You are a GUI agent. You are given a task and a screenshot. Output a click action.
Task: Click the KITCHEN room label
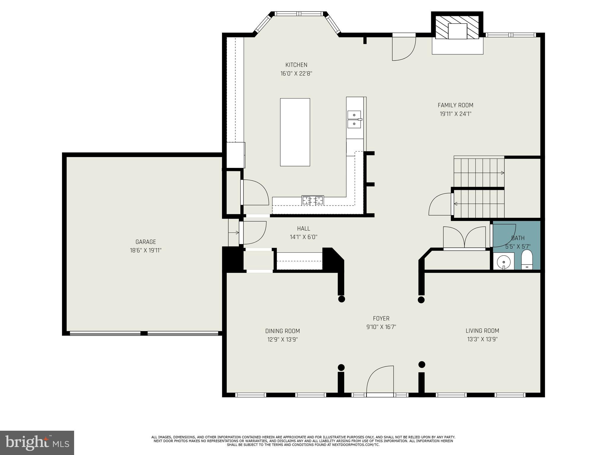pos(296,65)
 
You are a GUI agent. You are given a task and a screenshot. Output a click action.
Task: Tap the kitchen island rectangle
pos(295,132)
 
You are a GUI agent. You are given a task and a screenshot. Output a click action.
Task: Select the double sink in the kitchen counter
pos(354,119)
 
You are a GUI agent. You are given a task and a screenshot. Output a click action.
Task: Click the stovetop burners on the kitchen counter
pos(313,200)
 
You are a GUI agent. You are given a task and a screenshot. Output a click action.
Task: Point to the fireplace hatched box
pos(457,27)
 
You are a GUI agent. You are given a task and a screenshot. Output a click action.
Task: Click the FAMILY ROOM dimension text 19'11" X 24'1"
pos(455,114)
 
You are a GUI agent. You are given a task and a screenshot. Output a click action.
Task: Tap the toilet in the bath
pos(527,260)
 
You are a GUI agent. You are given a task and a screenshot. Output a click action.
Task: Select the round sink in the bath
pos(503,262)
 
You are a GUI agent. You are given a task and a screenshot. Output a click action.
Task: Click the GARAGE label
pos(146,242)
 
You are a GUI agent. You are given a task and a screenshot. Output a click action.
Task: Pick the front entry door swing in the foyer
pos(381,380)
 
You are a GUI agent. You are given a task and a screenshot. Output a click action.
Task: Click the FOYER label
pos(381,318)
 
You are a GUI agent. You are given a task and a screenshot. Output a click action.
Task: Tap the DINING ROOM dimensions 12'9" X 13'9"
pos(282,339)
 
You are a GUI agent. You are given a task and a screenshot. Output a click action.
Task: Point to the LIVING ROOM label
pos(482,331)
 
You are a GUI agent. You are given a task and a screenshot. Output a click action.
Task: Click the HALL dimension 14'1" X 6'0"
pos(303,237)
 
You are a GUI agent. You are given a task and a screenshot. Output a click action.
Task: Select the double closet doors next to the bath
pos(464,237)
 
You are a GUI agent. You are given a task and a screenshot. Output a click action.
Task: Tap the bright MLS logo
pos(37,443)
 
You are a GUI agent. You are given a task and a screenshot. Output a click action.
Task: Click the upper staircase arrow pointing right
pos(502,173)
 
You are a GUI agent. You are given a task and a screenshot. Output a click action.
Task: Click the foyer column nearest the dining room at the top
pos(341,299)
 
